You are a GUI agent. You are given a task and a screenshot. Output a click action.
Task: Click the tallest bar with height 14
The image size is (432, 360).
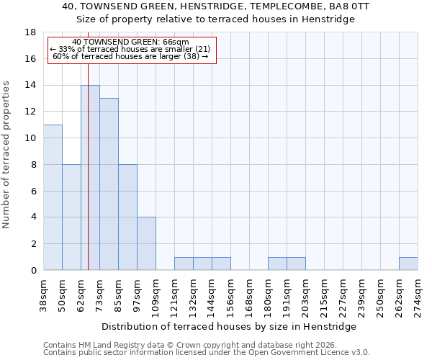(x=90, y=178)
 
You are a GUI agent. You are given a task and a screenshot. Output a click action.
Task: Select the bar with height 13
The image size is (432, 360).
(x=109, y=184)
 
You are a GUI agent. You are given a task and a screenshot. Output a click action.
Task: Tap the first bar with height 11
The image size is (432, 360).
(x=53, y=197)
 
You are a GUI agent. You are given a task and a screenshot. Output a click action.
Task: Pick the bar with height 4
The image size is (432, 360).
(x=146, y=243)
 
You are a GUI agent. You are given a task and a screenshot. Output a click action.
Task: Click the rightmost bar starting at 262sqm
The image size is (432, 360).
(x=408, y=264)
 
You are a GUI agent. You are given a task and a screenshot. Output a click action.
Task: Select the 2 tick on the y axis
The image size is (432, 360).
(x=33, y=244)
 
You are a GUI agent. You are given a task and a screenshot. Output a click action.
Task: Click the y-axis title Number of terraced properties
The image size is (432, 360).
(x=7, y=154)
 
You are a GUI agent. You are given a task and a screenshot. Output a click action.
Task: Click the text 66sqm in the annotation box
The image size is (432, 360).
(x=176, y=42)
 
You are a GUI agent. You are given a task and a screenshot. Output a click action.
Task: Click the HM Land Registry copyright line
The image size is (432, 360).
(x=206, y=345)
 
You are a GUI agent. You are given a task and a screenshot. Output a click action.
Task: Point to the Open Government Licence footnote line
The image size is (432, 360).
(x=206, y=353)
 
